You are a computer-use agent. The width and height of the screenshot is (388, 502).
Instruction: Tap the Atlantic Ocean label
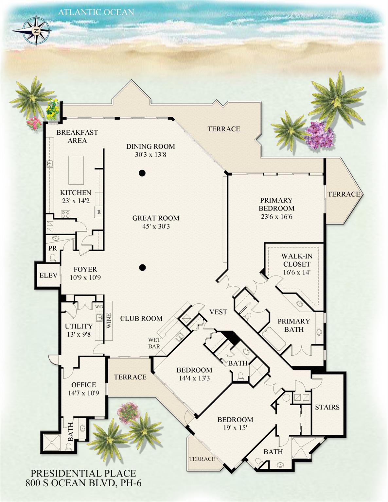[96, 12]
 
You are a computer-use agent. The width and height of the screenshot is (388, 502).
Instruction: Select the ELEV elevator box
[48, 275]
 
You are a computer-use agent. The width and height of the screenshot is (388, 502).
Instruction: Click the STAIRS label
[327, 407]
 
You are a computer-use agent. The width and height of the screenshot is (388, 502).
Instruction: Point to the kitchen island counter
[76, 170]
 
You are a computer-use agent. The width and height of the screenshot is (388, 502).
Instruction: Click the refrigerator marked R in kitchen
[99, 212]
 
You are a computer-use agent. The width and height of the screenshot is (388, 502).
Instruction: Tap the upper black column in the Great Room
[142, 173]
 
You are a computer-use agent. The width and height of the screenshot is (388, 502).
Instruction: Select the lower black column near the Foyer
[142, 268]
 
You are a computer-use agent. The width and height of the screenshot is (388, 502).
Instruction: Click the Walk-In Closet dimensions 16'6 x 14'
[296, 272]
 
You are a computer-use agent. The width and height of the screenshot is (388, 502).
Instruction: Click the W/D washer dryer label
[99, 307]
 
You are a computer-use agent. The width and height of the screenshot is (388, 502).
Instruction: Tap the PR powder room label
[53, 248]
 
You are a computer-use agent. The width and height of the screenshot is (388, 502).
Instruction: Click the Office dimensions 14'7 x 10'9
[83, 393]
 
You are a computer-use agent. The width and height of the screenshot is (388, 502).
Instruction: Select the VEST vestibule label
[218, 312]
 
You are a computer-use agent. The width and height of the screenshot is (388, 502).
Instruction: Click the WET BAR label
[154, 343]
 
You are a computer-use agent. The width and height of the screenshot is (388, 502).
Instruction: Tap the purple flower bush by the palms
[319, 135]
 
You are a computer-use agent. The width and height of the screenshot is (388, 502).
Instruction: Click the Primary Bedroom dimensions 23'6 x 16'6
[276, 216]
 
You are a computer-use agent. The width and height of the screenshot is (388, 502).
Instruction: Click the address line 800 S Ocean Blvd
[83, 483]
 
